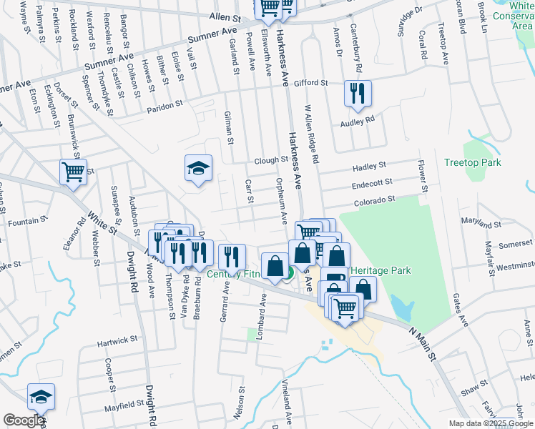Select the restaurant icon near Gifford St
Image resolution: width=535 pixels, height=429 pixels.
click(x=357, y=94)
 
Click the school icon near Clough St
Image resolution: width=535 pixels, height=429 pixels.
click(x=198, y=168)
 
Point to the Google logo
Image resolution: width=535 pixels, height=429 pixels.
click(x=24, y=420)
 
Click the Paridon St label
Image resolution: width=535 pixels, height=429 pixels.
click(x=165, y=104)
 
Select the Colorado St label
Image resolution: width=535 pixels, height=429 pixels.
click(x=374, y=201)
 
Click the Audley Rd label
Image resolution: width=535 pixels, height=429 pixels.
click(x=357, y=121)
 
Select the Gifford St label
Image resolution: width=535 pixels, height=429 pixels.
click(x=310, y=83)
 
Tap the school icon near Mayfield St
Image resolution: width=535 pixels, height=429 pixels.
click(x=41, y=397)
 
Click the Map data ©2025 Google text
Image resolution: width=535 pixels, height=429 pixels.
click(x=491, y=423)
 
